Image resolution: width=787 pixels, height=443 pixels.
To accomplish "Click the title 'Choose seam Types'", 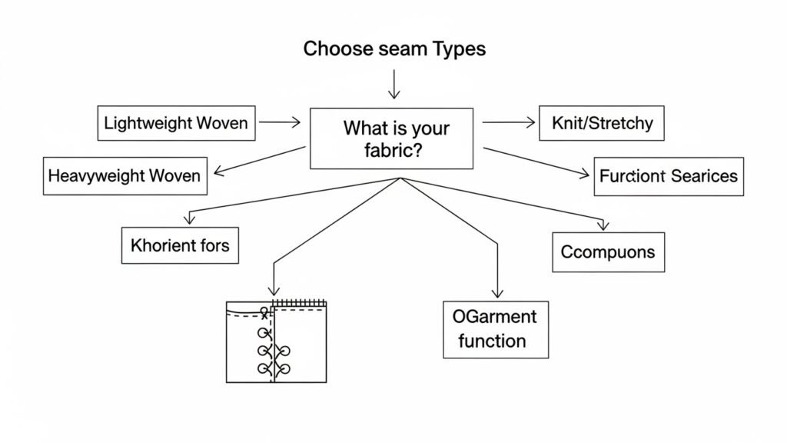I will (x=393, y=49).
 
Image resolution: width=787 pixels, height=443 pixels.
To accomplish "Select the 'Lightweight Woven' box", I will (x=176, y=123).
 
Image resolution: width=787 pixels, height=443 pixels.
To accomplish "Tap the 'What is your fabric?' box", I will (x=391, y=138).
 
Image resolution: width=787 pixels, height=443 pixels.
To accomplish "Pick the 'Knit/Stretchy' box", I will (x=602, y=123).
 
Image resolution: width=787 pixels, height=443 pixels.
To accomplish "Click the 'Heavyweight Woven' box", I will (x=124, y=175).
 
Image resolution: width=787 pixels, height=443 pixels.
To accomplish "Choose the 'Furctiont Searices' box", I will (x=668, y=176).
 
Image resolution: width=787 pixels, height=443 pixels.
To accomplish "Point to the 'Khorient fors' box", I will (x=180, y=246).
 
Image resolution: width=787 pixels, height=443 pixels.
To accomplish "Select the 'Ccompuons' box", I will (x=608, y=252).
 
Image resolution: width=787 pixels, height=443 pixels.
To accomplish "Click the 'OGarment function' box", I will (x=496, y=329).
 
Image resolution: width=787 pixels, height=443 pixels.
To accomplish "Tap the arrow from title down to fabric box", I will (x=393, y=84).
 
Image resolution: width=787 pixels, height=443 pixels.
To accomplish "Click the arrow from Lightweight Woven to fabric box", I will (x=280, y=122).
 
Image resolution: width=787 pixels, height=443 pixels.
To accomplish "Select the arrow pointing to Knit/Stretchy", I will (x=507, y=122).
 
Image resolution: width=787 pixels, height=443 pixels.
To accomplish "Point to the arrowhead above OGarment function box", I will (x=496, y=292).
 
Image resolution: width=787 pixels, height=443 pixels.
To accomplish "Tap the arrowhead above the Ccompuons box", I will (x=603, y=225).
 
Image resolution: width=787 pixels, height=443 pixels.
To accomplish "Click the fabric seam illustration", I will (x=277, y=341).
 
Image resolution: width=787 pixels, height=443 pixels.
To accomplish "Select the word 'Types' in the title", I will (x=457, y=49).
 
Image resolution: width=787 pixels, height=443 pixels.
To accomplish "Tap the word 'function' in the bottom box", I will (x=492, y=341).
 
